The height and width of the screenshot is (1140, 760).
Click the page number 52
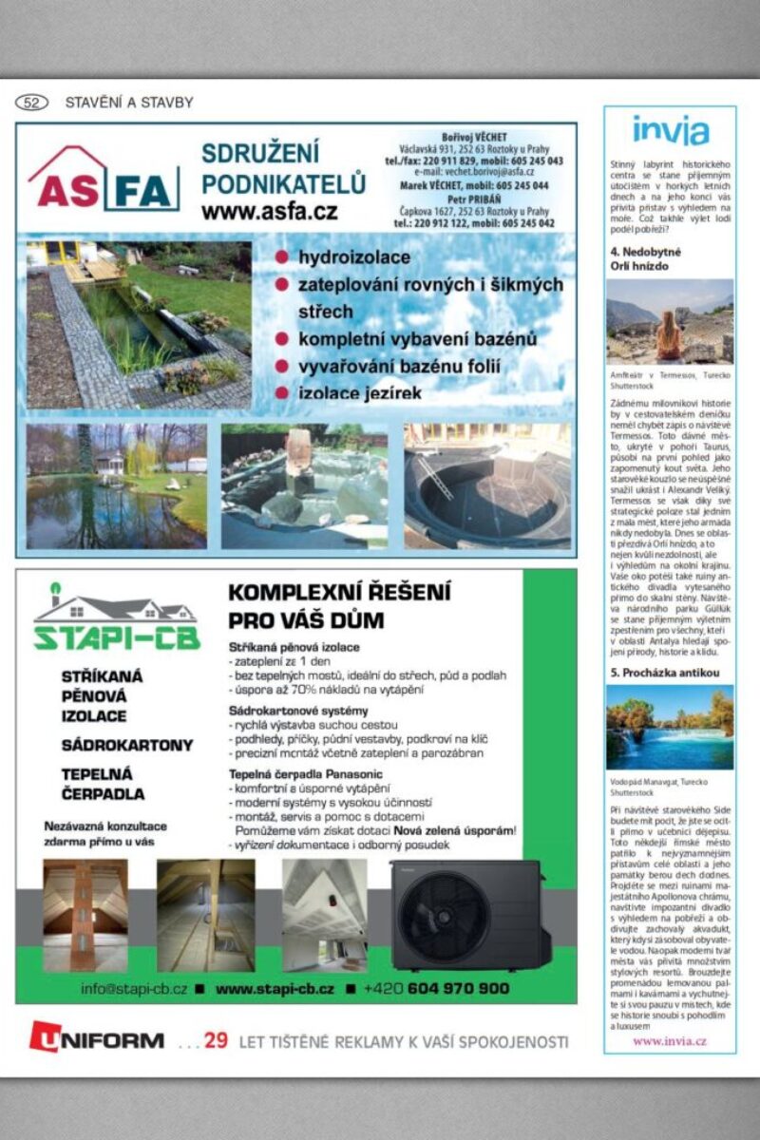click(32, 103)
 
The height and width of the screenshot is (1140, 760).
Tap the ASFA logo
click(104, 180)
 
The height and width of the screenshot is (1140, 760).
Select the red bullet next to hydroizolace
click(281, 257)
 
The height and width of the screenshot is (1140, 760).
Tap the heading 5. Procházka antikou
click(664, 673)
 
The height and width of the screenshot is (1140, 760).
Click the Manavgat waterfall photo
click(670, 728)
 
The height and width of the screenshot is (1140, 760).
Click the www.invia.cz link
click(670, 1041)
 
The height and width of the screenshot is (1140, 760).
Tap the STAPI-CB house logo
click(117, 618)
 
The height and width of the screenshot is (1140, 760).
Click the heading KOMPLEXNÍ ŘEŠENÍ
click(339, 593)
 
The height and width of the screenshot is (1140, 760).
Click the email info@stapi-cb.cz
click(134, 988)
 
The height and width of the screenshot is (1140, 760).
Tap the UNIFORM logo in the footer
click(96, 1039)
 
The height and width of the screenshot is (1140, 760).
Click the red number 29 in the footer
click(216, 1040)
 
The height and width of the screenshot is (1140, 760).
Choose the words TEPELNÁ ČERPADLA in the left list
click(103, 784)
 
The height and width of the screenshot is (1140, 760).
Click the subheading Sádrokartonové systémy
click(298, 711)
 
